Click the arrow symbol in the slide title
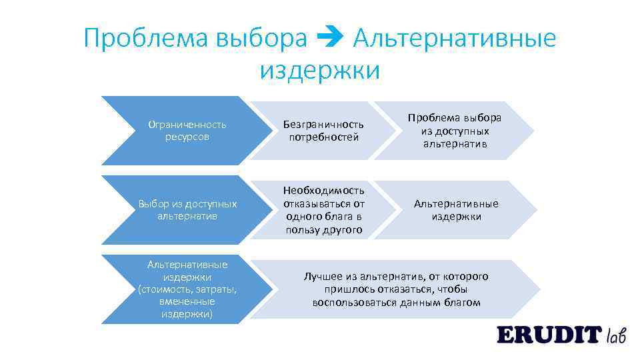(330, 39)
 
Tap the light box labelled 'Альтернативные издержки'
(456, 210)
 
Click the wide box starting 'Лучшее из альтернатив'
(396, 289)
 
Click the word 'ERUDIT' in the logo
(549, 334)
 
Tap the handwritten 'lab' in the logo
(616, 335)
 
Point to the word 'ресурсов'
(187, 137)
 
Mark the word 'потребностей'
(324, 137)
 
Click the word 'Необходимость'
(323, 190)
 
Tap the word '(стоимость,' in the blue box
(165, 289)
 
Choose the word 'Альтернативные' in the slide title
(454, 39)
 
